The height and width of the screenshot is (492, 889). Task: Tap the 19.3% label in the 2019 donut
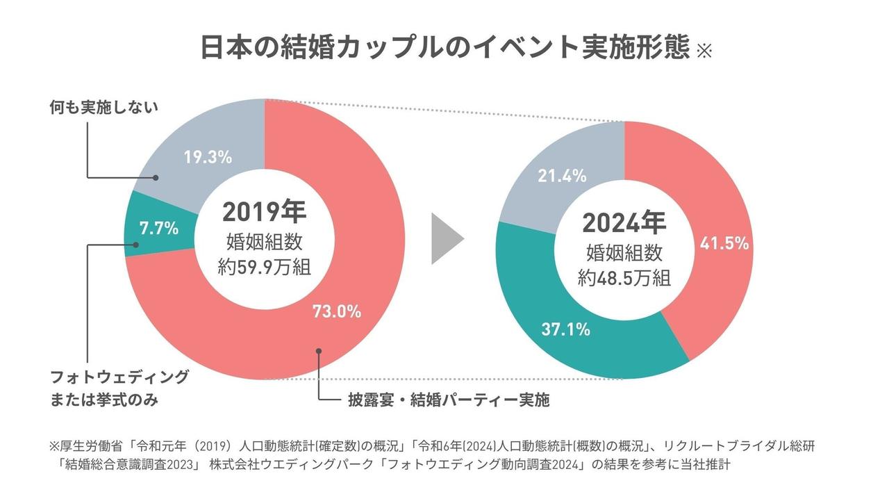pyautogui.click(x=208, y=158)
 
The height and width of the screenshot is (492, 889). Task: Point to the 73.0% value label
pyautogui.click(x=338, y=311)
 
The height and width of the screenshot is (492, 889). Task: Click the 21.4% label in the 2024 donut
pyautogui.click(x=562, y=176)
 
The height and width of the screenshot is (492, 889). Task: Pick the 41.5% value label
pyautogui.click(x=724, y=243)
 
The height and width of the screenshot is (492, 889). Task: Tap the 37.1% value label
pyautogui.click(x=566, y=329)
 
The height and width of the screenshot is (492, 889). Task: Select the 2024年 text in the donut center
pyautogui.click(x=624, y=222)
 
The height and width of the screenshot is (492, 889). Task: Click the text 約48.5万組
pyautogui.click(x=624, y=278)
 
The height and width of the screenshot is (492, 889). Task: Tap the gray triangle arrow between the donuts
pyautogui.click(x=446, y=239)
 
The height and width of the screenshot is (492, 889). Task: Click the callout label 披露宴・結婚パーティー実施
pyautogui.click(x=449, y=401)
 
